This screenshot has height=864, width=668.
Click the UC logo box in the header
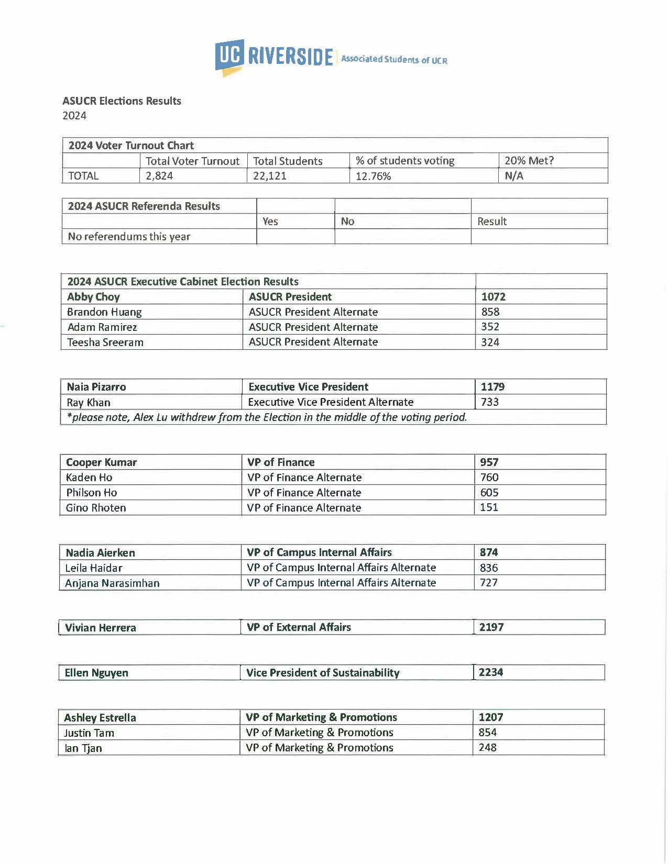(x=229, y=55)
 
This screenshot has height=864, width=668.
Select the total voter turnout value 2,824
(x=159, y=176)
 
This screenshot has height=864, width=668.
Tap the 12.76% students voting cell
(x=374, y=176)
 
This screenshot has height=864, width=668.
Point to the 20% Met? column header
(x=529, y=161)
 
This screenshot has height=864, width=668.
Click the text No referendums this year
(x=129, y=237)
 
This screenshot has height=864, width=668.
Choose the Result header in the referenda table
(x=492, y=221)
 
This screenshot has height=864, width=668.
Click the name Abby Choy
(x=93, y=297)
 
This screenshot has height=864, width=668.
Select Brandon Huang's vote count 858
(x=490, y=312)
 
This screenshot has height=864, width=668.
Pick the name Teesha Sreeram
(x=105, y=342)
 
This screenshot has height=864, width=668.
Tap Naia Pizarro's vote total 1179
(x=492, y=387)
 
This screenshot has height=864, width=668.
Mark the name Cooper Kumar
(x=101, y=462)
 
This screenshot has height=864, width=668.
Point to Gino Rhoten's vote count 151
(x=489, y=507)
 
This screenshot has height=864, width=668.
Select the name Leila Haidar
(x=94, y=568)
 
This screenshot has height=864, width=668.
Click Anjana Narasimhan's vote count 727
(x=489, y=583)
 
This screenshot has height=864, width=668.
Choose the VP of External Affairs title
(x=299, y=627)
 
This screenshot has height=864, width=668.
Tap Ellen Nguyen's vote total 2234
(x=491, y=672)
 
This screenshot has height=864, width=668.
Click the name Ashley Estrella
(x=100, y=718)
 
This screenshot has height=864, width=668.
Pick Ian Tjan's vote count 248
(x=487, y=748)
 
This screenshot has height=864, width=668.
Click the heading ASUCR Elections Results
(x=122, y=101)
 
